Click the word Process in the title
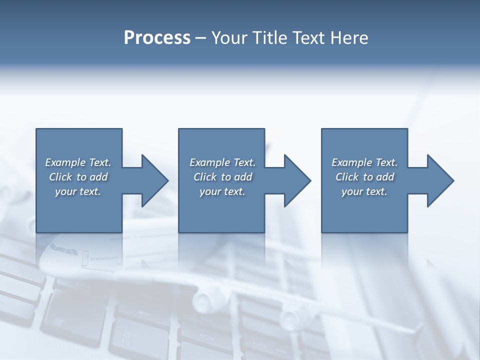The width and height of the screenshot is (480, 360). pyautogui.click(x=157, y=38)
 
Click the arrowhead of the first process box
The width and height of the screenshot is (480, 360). pyautogui.click(x=154, y=180)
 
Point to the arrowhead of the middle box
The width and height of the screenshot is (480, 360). pyautogui.click(x=297, y=180)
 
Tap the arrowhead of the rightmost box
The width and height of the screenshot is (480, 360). pyautogui.click(x=440, y=180)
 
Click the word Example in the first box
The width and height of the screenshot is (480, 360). pyautogui.click(x=65, y=162)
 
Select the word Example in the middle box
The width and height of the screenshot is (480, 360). pyautogui.click(x=209, y=162)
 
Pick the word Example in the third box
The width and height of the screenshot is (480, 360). pyautogui.click(x=351, y=162)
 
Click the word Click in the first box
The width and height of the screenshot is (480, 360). pyautogui.click(x=60, y=177)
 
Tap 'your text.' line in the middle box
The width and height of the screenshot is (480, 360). pyautogui.click(x=222, y=191)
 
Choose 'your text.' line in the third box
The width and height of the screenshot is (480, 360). pyautogui.click(x=364, y=191)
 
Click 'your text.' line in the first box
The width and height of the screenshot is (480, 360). pyautogui.click(x=78, y=191)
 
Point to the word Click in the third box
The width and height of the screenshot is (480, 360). pyautogui.click(x=347, y=177)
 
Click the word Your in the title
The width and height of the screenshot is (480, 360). pyautogui.click(x=228, y=38)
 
